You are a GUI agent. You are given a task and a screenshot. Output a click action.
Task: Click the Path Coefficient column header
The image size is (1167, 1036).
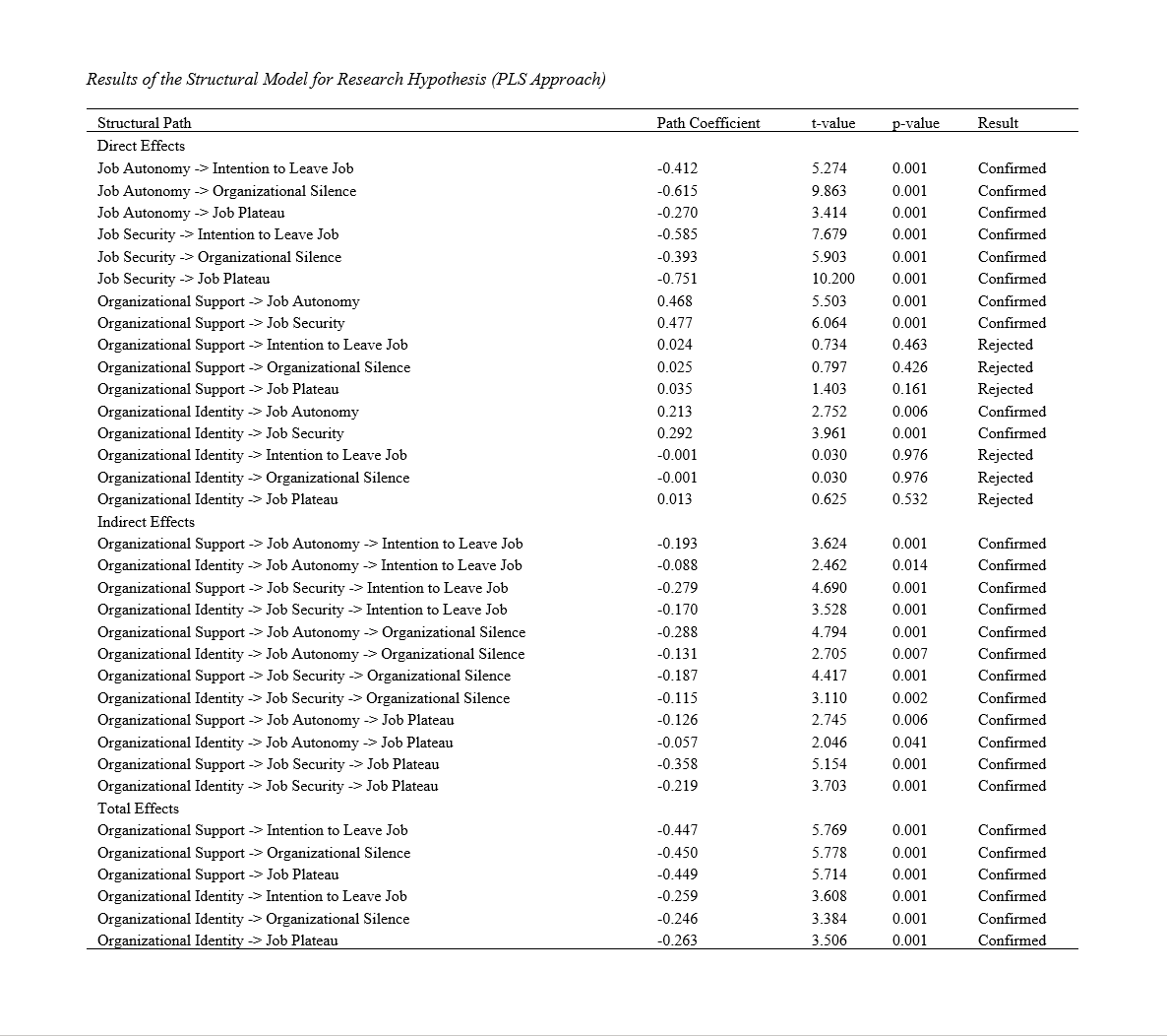tap(708, 123)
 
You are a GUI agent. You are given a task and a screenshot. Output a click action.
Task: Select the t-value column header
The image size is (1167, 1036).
tap(832, 123)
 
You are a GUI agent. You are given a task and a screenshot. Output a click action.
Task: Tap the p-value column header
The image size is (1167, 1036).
tap(915, 123)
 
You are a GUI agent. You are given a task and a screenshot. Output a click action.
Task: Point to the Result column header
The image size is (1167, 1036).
tap(998, 123)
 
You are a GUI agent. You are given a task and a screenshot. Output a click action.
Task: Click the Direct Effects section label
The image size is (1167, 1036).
tap(141, 146)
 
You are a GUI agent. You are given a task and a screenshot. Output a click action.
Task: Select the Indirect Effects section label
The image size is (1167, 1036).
tap(146, 522)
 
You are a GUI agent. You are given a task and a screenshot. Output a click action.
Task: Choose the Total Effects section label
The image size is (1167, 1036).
tap(138, 809)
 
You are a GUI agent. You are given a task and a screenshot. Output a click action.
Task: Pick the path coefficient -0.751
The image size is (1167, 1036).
tap(677, 279)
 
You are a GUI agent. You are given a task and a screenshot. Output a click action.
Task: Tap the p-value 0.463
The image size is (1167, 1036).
tap(909, 345)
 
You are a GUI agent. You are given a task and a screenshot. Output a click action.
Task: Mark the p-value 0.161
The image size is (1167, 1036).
tap(909, 389)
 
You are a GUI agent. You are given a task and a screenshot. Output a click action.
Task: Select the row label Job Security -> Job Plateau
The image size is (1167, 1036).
tap(183, 279)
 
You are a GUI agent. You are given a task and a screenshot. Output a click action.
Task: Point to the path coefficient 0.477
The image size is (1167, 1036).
tap(674, 323)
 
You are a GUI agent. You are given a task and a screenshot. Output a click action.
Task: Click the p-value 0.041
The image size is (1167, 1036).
tap(909, 743)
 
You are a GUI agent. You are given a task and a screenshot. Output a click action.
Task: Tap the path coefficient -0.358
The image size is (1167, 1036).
tap(677, 764)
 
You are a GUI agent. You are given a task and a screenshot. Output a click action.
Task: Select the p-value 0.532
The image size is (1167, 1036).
tap(909, 499)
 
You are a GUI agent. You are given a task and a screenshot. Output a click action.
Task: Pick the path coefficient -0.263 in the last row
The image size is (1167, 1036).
tap(677, 940)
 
